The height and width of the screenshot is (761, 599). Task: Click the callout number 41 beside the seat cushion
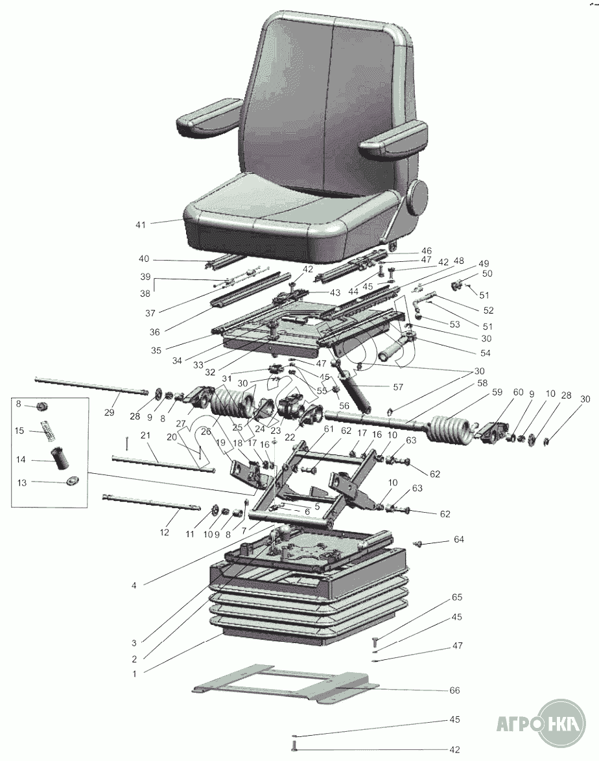pyautogui.click(x=141, y=225)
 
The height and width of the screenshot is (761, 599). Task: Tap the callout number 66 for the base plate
pyautogui.click(x=454, y=690)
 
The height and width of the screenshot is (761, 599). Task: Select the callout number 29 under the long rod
pyautogui.click(x=109, y=412)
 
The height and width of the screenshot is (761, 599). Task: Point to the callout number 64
pyautogui.click(x=459, y=539)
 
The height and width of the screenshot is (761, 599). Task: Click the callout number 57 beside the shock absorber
pyautogui.click(x=398, y=387)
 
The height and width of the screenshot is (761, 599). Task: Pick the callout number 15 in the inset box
pyautogui.click(x=19, y=430)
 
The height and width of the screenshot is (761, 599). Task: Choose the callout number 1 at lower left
pyautogui.click(x=135, y=673)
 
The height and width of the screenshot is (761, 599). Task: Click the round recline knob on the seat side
pyautogui.click(x=418, y=198)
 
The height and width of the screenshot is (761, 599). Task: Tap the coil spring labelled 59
pyautogui.click(x=449, y=430)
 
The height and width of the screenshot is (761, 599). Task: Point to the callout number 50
pyautogui.click(x=487, y=274)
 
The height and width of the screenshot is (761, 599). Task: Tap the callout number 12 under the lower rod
pyautogui.click(x=165, y=532)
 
